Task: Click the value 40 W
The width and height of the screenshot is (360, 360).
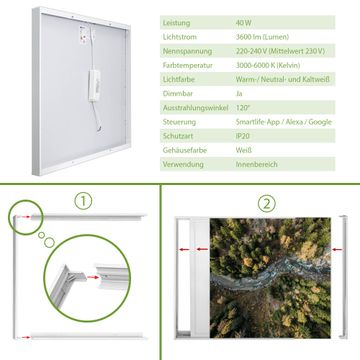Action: coord(244,23)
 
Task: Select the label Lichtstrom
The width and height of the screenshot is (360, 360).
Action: coord(180,37)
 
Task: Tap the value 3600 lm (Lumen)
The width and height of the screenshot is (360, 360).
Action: coord(262,37)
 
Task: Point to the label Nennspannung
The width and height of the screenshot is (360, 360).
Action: coord(187,51)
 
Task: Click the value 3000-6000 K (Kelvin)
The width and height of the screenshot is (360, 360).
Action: coord(268,65)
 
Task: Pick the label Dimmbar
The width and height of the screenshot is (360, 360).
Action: coord(178,94)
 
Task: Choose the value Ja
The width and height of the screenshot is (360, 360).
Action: coord(239,94)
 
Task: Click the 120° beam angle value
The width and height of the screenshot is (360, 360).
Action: coord(243,108)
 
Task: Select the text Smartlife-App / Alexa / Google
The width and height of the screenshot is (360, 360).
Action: coord(284,122)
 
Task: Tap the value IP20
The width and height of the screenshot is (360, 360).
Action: coord(243,136)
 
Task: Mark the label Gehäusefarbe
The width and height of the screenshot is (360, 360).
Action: coord(185,150)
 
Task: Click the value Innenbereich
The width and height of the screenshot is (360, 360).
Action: coord(257,164)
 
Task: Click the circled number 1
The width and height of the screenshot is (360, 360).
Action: coord(83,201)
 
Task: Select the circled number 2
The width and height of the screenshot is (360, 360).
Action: coord(267,204)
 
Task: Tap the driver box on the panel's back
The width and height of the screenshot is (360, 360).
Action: coord(94,85)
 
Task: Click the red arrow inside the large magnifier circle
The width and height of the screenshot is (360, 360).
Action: coord(93,277)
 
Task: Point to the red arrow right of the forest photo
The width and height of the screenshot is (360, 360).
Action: coord(337,249)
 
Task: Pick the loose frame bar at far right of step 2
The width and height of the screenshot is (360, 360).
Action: coord(343,277)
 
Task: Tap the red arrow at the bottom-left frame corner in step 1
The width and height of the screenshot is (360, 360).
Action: coord(24,337)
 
